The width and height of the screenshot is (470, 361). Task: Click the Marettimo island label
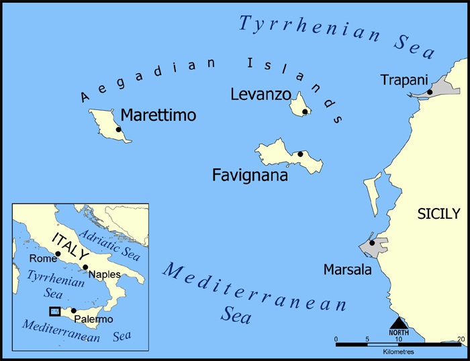[158, 115]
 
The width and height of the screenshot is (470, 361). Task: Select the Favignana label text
[250, 176]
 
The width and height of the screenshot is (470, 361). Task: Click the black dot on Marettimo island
[118, 130]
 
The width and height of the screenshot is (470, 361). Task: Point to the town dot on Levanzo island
[305, 111]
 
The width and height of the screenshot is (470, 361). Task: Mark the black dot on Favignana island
[300, 154]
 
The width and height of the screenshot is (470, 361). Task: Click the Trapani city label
[403, 80]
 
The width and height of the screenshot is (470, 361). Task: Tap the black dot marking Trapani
[430, 92]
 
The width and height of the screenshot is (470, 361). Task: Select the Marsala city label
[346, 270]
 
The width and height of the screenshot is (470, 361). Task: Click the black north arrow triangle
[398, 323]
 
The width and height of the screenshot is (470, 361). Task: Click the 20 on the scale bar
[460, 338]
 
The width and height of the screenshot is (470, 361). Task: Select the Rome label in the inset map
[42, 258]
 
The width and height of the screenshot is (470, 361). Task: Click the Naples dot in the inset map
[85, 267]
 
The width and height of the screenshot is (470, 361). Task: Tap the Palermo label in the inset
[93, 319]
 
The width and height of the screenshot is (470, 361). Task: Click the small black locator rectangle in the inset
[55, 311]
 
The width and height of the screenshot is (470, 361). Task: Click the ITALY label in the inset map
[70, 247]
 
